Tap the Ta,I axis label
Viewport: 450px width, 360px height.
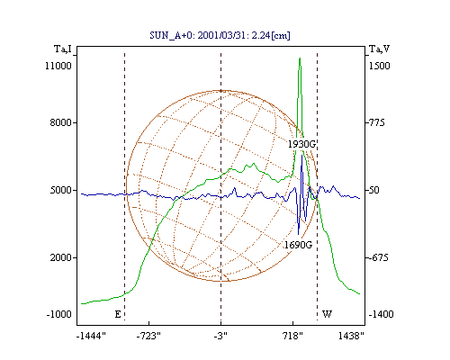click(63, 49)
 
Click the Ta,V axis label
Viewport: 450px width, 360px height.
click(379, 49)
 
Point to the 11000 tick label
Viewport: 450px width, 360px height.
click(58, 66)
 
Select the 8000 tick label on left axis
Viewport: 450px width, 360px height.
click(61, 122)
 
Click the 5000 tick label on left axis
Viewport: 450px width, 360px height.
click(61, 190)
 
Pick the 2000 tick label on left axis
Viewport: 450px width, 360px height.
click(61, 257)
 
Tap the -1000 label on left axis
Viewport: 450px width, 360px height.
click(59, 314)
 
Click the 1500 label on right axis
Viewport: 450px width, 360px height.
click(379, 66)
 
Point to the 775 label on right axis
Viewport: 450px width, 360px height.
click(377, 122)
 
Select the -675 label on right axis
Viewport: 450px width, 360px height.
click(378, 257)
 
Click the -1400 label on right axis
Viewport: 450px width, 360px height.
click(381, 314)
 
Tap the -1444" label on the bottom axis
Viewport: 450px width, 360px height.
click(91, 336)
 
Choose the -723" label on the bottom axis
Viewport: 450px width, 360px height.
click(148, 336)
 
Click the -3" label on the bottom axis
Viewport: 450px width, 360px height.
click(220, 336)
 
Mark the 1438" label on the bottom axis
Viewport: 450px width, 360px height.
click(351, 336)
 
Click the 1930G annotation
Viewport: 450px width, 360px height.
click(301, 144)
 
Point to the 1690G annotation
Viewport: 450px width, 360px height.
click(298, 245)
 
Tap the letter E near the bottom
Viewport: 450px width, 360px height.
click(118, 314)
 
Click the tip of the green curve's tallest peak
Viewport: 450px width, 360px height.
click(300, 58)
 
